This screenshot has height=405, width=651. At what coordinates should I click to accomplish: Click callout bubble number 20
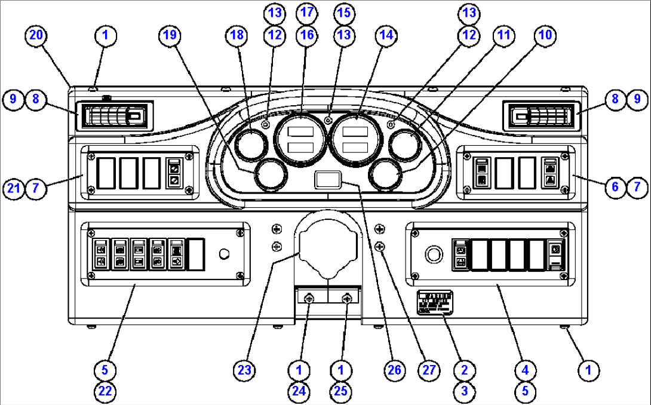pos(35,35)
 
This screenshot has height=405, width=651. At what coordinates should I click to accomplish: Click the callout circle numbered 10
pos(543,35)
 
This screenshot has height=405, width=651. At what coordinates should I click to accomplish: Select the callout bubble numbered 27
pos(427,370)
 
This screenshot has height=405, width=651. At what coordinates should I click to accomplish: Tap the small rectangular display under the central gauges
pos(328,179)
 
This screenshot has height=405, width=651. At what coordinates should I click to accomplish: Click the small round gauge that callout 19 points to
pos(269,176)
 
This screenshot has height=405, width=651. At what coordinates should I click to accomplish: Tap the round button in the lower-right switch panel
pos(433,255)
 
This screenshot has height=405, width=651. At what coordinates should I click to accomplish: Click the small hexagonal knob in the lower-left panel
pos(225,254)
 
